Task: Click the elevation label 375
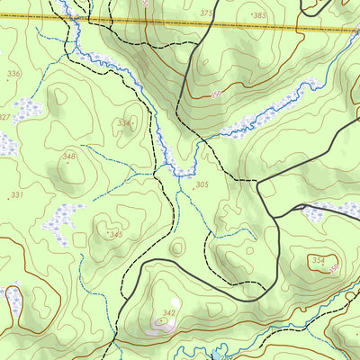(x=207, y=13)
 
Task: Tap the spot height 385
(x=259, y=15)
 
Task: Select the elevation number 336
(x=13, y=74)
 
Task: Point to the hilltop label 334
(x=123, y=123)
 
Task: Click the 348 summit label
(x=69, y=157)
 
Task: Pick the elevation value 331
(x=14, y=194)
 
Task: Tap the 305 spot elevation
(x=202, y=184)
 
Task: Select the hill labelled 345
(x=114, y=234)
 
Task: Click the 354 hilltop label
(x=318, y=260)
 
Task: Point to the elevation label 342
(x=168, y=313)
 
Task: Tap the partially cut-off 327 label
(x=4, y=118)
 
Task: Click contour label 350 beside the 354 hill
(x=334, y=268)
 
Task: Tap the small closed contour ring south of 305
(x=177, y=246)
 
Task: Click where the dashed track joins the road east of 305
(x=258, y=181)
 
